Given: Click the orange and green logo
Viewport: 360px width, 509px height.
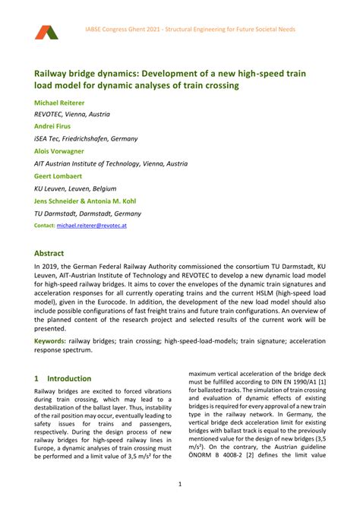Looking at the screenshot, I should point(46,31).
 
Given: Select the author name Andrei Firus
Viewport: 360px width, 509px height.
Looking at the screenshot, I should point(55,126).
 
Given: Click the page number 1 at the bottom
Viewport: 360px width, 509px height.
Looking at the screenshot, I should point(179,484).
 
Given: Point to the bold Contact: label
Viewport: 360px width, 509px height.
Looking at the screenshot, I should point(45,226).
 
